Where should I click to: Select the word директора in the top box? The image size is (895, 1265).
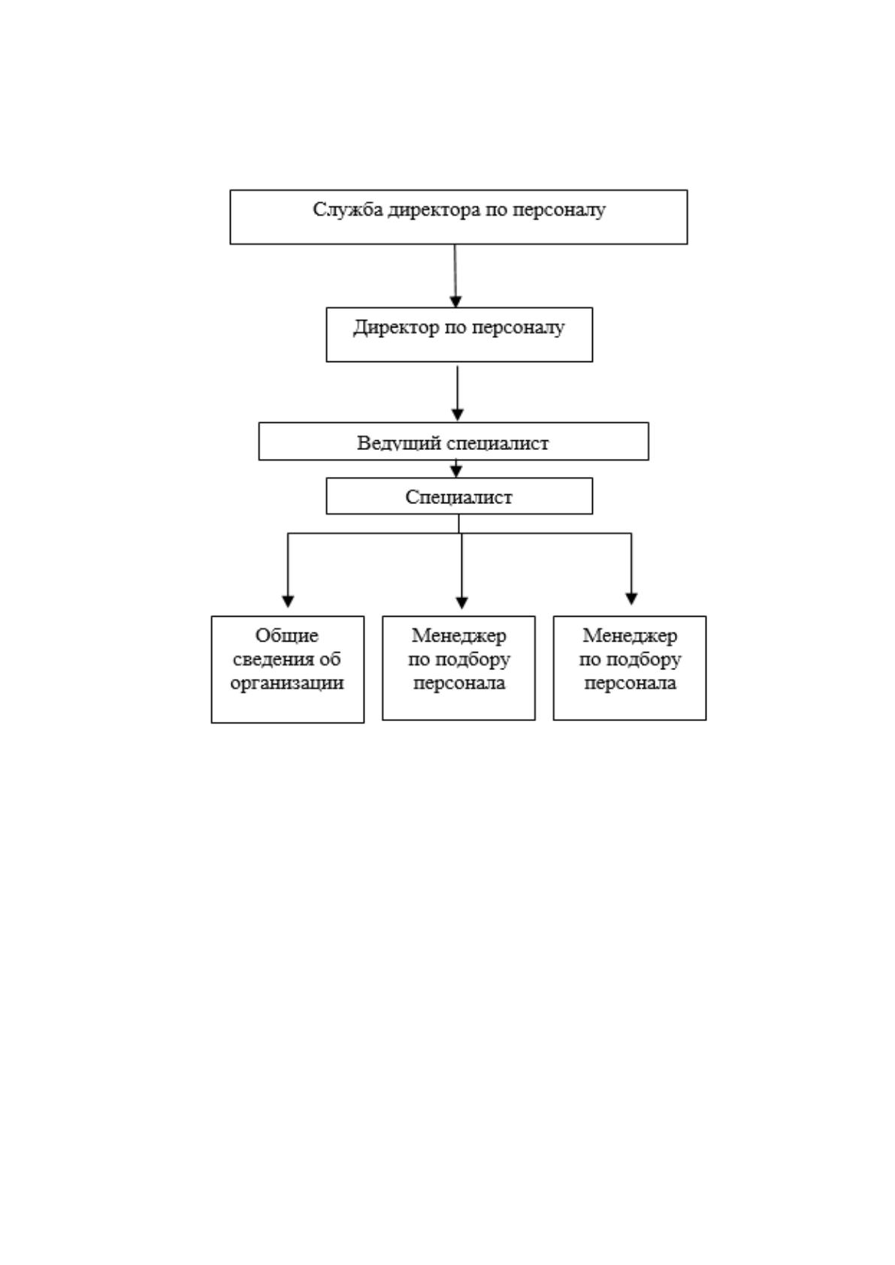pos(434,210)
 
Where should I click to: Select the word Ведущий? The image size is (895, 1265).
pos(398,442)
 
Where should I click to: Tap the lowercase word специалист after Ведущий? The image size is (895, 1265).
pos(497,443)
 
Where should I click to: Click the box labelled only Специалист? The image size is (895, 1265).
pos(459,496)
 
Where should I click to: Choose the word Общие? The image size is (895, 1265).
pos(286,636)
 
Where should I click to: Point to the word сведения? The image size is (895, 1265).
pos(268,659)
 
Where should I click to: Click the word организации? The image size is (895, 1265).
pos(286,684)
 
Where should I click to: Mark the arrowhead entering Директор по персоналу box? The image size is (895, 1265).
pos(455,301)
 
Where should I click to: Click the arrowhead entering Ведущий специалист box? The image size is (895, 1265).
pos(458,415)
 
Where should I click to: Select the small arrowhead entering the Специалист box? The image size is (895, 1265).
pos(456,472)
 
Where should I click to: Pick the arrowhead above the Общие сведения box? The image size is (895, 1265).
pos(288,602)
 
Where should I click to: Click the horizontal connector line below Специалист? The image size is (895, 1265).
pos(459,533)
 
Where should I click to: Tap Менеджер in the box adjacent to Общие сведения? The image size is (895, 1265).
pos(459,636)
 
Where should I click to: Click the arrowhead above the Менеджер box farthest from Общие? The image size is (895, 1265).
pos(631,599)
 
